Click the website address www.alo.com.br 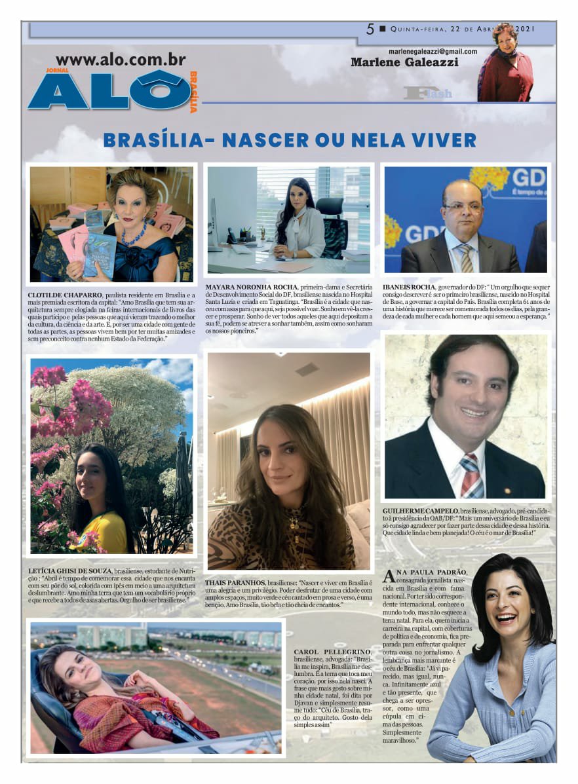click(x=121, y=60)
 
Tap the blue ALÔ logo click(x=108, y=90)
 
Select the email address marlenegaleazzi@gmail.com click(x=432, y=51)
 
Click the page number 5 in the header click(x=370, y=29)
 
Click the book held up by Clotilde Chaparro click(x=100, y=252)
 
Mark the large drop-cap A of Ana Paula click(x=389, y=576)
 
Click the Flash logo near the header click(x=428, y=93)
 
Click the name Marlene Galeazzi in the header click(x=404, y=63)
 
